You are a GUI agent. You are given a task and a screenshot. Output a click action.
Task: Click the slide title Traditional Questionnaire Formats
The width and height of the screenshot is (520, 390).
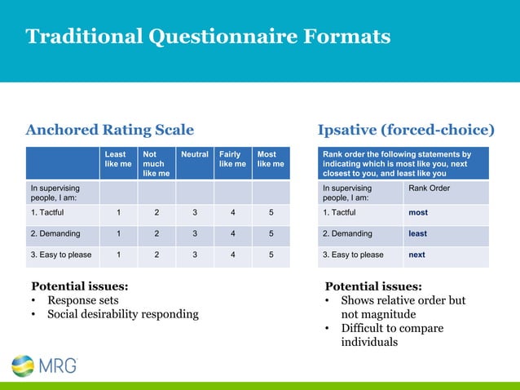pyautogui.click(x=208, y=37)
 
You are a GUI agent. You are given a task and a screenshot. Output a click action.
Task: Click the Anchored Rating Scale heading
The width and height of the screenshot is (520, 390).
pyautogui.click(x=110, y=130)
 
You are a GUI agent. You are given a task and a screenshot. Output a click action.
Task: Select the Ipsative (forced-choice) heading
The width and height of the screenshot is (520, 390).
pyautogui.click(x=405, y=130)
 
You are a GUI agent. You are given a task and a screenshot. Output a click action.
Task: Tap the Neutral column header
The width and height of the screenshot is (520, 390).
pyautogui.click(x=195, y=153)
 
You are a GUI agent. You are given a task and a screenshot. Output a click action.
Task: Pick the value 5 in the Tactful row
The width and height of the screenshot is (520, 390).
pyautogui.click(x=271, y=213)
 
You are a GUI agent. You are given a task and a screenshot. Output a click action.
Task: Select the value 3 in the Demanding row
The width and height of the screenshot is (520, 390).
pyautogui.click(x=195, y=233)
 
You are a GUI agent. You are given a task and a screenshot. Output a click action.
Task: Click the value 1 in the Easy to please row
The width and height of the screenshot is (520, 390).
pyautogui.click(x=118, y=255)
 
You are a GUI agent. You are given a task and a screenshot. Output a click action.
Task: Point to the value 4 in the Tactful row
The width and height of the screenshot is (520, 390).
pyautogui.click(x=232, y=213)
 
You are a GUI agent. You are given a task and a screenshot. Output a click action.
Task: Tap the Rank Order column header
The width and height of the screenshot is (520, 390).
pyautogui.click(x=428, y=188)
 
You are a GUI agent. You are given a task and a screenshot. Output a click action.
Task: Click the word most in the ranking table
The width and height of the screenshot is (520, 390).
pyautogui.click(x=417, y=213)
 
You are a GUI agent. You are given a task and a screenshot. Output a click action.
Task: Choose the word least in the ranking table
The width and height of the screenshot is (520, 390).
pyautogui.click(x=417, y=233)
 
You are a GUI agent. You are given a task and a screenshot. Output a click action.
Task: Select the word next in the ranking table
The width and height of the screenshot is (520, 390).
pyautogui.click(x=416, y=255)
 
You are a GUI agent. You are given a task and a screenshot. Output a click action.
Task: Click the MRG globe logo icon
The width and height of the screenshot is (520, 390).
pyautogui.click(x=23, y=366)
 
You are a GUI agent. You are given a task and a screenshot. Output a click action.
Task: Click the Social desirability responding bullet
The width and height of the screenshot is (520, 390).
pyautogui.click(x=122, y=314)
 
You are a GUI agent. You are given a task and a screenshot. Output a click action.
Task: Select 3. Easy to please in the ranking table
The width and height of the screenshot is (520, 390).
pyautogui.click(x=353, y=255)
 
